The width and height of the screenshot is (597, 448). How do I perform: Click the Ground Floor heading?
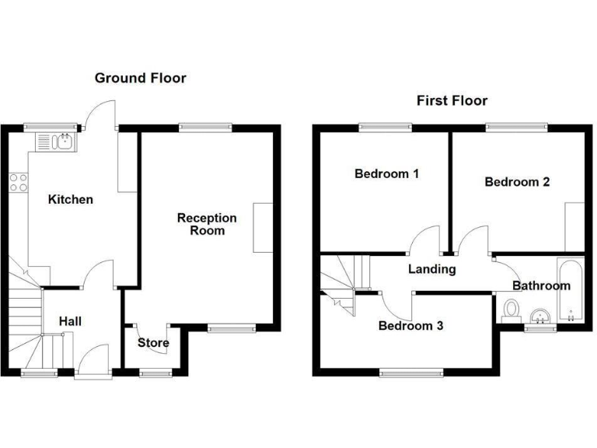[x=140, y=78]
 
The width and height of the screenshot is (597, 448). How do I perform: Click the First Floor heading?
[x=452, y=100]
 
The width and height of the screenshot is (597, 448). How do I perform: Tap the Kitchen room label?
[x=71, y=200]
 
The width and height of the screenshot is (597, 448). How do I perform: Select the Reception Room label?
[x=201, y=224]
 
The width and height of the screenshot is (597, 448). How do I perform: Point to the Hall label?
[x=71, y=320]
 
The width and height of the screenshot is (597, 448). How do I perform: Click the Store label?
[x=153, y=342]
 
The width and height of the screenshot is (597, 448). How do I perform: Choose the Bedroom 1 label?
[x=386, y=173]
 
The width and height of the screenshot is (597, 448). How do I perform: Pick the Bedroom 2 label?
[x=517, y=182]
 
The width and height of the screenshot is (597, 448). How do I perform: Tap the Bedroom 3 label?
[x=410, y=326]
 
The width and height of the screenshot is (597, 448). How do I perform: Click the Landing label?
[x=433, y=269]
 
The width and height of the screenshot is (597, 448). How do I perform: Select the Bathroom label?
[x=541, y=285]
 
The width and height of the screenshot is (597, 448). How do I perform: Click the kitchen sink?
[x=55, y=142]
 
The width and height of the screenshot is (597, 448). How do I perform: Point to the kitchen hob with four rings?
[x=19, y=183]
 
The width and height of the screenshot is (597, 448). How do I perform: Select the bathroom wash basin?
[x=540, y=316]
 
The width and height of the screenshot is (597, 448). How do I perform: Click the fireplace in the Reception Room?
[x=264, y=227]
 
